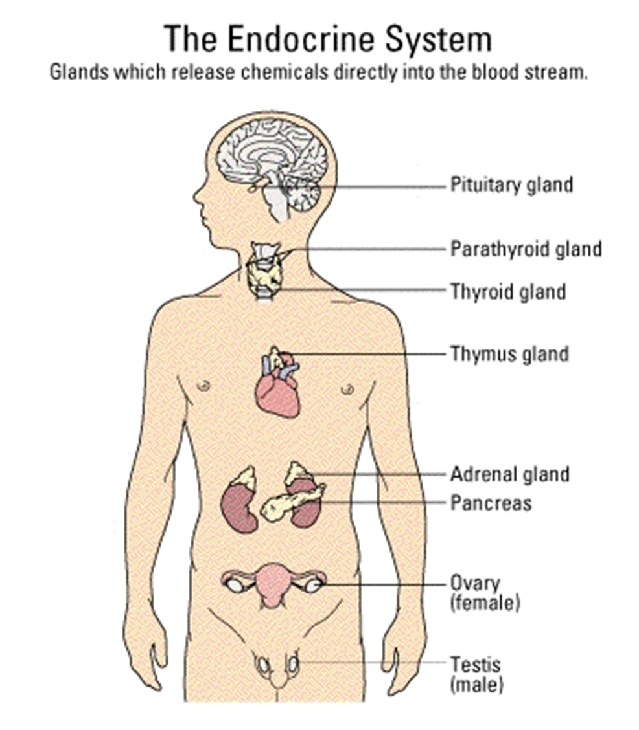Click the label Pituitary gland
(x=511, y=185)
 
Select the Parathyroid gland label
(x=526, y=249)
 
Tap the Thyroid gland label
(x=508, y=292)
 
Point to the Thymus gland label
(x=509, y=354)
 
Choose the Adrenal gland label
(x=510, y=474)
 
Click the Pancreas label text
(x=491, y=503)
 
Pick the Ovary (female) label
(x=485, y=593)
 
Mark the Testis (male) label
(x=476, y=674)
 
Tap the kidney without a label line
(x=239, y=507)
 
